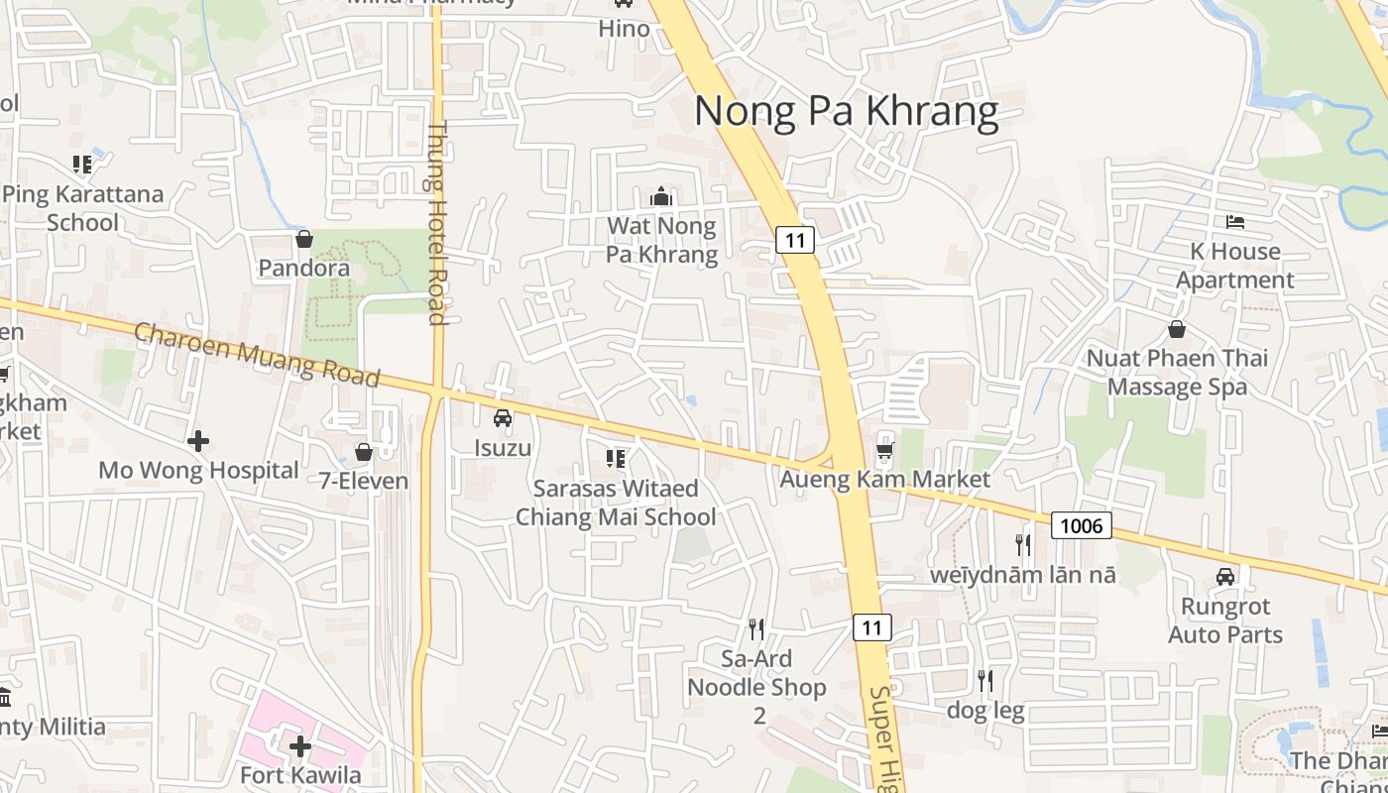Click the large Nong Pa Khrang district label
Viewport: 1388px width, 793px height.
click(x=846, y=111)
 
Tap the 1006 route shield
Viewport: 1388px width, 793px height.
click(x=1081, y=525)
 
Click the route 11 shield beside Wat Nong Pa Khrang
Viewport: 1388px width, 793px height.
click(x=795, y=239)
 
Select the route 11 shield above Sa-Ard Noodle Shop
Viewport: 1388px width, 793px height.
click(x=871, y=626)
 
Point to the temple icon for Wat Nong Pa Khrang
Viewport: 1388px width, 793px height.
click(x=661, y=197)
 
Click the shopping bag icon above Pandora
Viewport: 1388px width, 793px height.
click(x=304, y=240)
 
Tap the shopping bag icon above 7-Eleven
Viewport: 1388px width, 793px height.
click(x=364, y=452)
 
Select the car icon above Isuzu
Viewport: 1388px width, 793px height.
click(x=503, y=418)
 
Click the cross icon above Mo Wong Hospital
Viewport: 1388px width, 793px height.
click(x=198, y=441)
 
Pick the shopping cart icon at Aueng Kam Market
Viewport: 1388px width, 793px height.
click(x=884, y=451)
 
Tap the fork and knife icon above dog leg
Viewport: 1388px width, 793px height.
click(x=985, y=681)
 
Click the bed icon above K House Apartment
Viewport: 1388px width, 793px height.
click(x=1235, y=221)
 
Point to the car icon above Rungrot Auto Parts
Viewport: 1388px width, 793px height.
click(x=1225, y=577)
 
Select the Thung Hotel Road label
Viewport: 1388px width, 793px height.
click(x=437, y=223)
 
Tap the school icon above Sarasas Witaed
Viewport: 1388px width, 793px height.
click(x=615, y=459)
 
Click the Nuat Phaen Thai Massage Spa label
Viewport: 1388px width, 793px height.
click(x=1177, y=372)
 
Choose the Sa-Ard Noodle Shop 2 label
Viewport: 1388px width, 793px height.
click(x=756, y=687)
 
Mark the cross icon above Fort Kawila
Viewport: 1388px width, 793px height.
click(x=300, y=745)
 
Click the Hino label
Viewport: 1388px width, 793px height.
click(x=625, y=29)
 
